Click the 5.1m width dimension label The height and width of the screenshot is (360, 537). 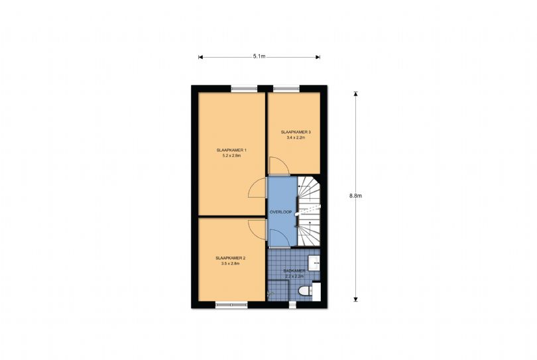point(259,56)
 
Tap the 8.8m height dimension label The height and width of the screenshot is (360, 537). point(355,196)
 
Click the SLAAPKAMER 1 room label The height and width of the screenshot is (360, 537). point(231,150)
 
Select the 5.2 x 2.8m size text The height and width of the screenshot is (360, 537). point(231,156)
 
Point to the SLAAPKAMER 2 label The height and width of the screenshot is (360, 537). point(231,258)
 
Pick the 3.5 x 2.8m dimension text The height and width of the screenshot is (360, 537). point(231,264)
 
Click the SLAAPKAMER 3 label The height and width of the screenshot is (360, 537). point(296,132)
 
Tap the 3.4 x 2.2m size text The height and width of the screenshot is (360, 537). point(296,138)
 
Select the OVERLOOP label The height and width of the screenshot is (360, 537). point(281,212)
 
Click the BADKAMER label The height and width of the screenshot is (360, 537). point(294,271)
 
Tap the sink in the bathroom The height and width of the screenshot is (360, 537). point(314,263)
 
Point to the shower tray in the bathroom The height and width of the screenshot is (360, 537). point(278,290)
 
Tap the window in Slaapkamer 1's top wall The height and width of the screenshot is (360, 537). point(244,89)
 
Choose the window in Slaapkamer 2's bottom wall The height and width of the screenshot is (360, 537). point(231,304)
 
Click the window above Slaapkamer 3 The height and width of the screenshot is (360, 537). point(286,89)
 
